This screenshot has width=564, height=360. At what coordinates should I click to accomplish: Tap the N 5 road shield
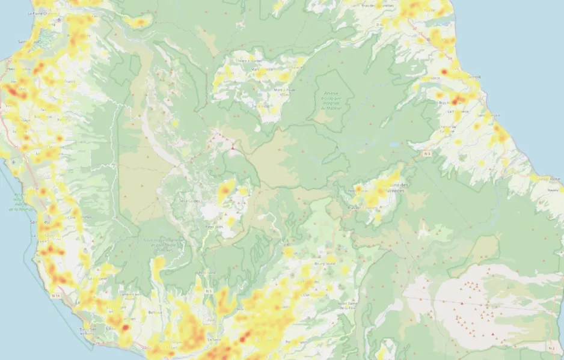(x=209, y=291)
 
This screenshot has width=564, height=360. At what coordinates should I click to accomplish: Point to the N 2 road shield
(x=551, y=348)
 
